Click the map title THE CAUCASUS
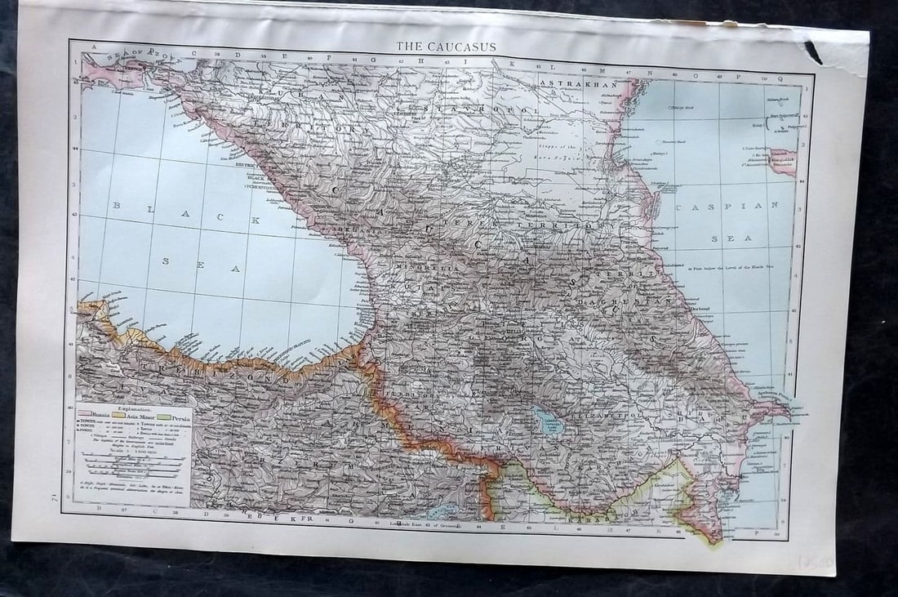coord(446,47)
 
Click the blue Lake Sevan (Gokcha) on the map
coord(545,421)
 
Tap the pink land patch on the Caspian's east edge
coord(782,163)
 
